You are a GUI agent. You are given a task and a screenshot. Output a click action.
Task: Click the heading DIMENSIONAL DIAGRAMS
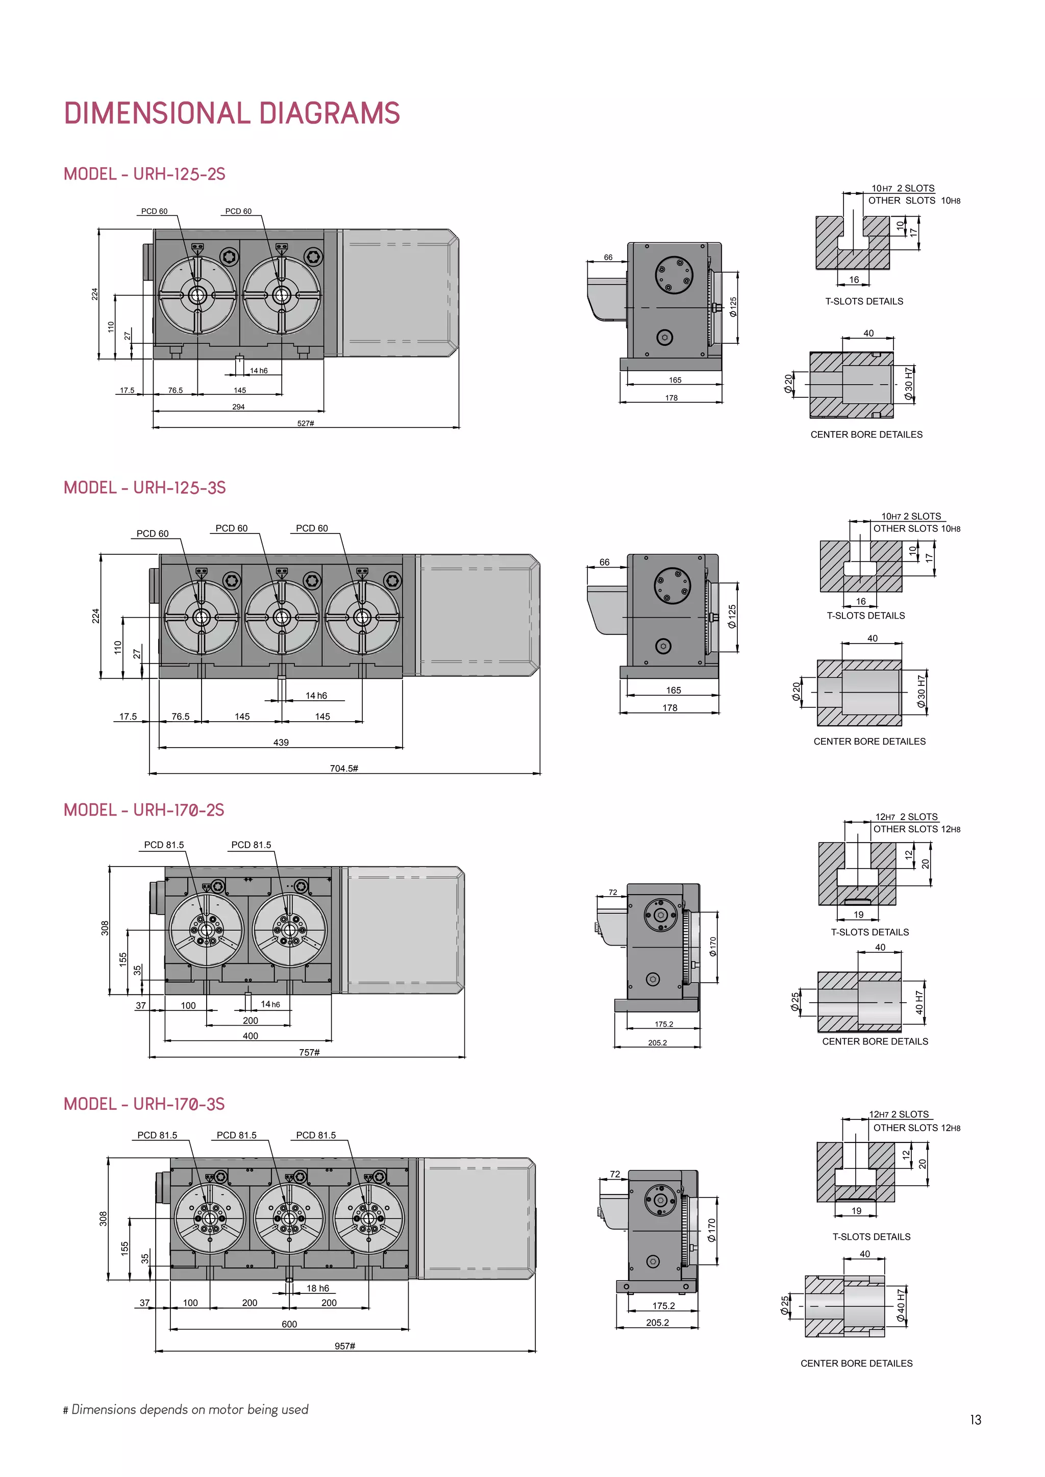coord(232,113)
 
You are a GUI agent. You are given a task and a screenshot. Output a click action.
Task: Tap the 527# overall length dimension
coord(306,423)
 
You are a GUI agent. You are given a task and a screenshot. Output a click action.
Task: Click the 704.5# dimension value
coord(343,768)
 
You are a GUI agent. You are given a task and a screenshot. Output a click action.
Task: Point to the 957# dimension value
coord(345,1346)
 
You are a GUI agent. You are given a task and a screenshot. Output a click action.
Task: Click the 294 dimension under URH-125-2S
coord(238,406)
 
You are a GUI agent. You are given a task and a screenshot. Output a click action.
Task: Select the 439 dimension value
coord(281,743)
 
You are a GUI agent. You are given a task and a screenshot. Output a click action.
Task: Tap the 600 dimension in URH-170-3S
coord(289,1324)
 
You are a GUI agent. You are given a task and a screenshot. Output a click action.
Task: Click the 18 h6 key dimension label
coord(317,1288)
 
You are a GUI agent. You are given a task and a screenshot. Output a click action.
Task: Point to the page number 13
coord(976,1420)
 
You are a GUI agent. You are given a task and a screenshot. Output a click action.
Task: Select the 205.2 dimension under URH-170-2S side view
coord(657,1043)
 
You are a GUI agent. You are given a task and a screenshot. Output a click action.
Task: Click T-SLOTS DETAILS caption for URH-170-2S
coord(869,932)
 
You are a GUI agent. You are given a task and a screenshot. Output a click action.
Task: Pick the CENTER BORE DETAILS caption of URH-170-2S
coord(875,1041)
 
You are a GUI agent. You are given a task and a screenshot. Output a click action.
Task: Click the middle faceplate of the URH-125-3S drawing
coord(282,618)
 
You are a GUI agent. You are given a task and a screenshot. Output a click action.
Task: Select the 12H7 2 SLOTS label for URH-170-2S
coord(906,817)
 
